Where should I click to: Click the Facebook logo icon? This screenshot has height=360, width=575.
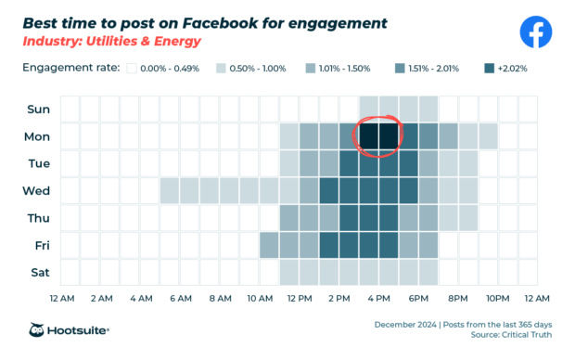pyautogui.click(x=535, y=32)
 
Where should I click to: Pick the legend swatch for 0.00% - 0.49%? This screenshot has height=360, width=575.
pyautogui.click(x=133, y=69)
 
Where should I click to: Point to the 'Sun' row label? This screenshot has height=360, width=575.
pyautogui.click(x=39, y=109)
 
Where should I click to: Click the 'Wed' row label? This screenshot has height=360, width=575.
pyautogui.click(x=39, y=191)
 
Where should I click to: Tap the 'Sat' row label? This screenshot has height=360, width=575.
pyautogui.click(x=39, y=273)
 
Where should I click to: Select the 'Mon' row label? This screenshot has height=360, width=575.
pyautogui.click(x=39, y=137)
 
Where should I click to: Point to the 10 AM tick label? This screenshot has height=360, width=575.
pyautogui.click(x=260, y=299)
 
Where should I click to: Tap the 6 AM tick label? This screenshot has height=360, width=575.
pyautogui.click(x=180, y=299)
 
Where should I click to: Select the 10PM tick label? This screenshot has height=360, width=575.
pyautogui.click(x=498, y=299)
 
